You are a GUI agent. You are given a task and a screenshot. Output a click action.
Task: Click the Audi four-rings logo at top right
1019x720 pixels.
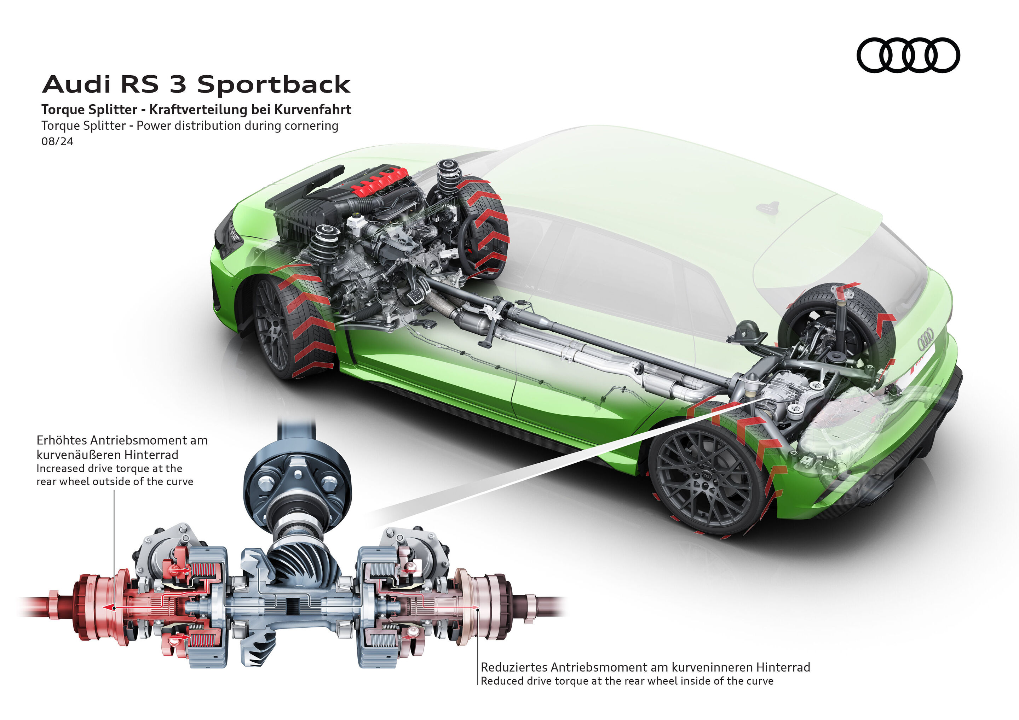pyautogui.click(x=908, y=55)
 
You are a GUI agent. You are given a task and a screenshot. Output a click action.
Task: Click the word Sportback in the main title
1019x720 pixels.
pyautogui.click(x=274, y=84)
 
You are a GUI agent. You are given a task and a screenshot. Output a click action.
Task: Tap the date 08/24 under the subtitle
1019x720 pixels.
pyautogui.click(x=57, y=141)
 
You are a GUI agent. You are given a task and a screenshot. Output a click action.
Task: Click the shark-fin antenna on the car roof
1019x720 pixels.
pyautogui.click(x=768, y=206)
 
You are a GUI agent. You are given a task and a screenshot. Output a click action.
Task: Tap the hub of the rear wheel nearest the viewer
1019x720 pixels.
pyautogui.click(x=706, y=476)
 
